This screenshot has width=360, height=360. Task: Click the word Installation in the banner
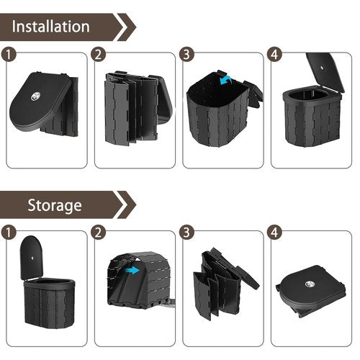click(50, 26)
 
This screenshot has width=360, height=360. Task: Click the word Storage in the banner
click(55, 205)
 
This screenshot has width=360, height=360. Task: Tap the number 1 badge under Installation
click(9, 55)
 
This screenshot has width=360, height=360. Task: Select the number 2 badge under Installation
click(98, 55)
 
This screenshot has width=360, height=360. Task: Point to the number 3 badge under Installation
click(186, 55)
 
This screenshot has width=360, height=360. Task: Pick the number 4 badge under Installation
click(274, 55)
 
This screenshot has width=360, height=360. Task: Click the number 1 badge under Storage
click(9, 233)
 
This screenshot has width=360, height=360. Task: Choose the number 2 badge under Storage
click(98, 233)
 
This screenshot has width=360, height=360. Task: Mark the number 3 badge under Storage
click(186, 233)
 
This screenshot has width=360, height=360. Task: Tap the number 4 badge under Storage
click(274, 233)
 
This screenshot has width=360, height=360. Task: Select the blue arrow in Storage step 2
click(132, 271)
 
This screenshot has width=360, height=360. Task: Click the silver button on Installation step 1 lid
click(35, 96)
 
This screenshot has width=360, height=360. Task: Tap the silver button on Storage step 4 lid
click(310, 284)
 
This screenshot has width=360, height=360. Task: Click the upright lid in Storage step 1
click(31, 258)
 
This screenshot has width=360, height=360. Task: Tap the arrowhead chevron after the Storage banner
click(127, 204)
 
